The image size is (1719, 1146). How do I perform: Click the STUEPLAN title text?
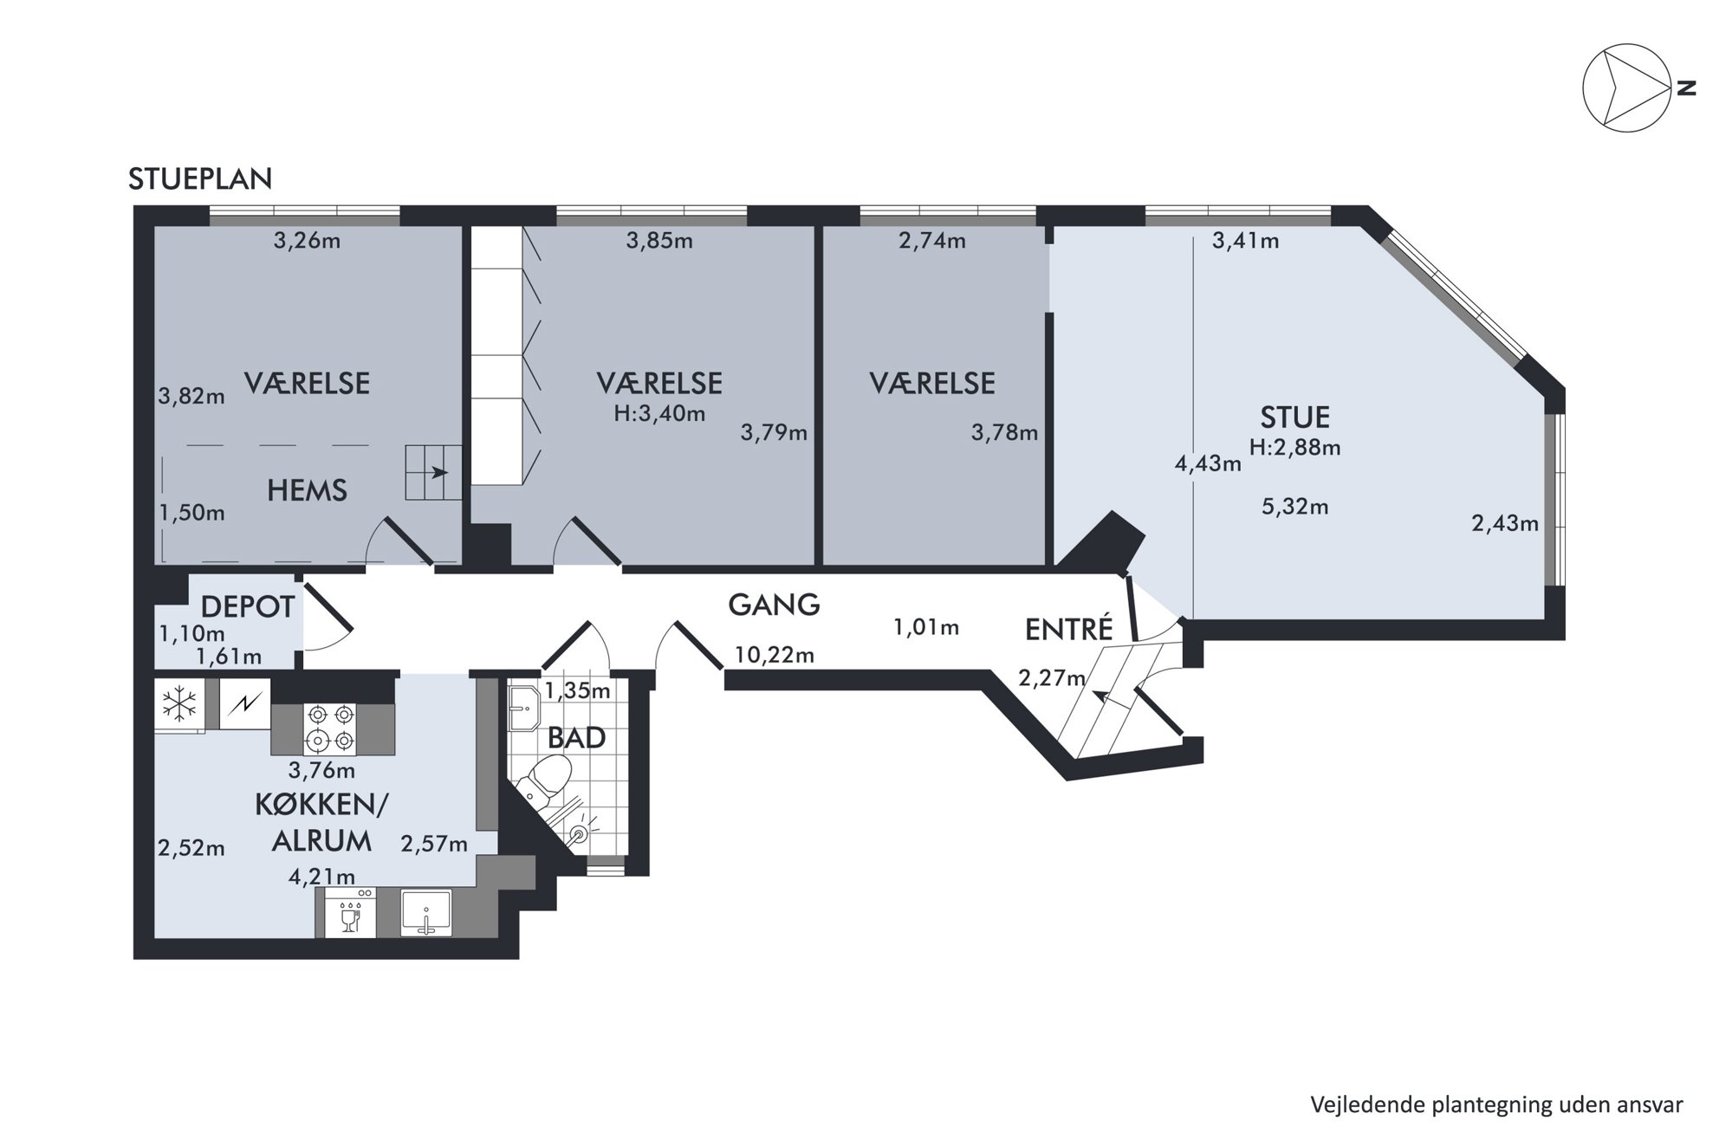coord(200,178)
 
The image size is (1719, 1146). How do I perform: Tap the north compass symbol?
coord(1626,87)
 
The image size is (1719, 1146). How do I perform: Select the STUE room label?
coord(1294,418)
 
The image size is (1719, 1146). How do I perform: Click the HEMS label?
coord(307,490)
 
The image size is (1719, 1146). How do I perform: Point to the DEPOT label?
coord(248,607)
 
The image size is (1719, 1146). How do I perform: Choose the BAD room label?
coord(576,738)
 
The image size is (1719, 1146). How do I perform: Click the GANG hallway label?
coord(774,604)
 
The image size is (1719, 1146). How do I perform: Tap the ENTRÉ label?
coord(1068,629)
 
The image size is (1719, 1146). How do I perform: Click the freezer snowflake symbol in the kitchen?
coord(179,703)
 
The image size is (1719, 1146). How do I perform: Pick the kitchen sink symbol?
coord(425,913)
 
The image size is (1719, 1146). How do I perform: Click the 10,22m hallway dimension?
coord(774,655)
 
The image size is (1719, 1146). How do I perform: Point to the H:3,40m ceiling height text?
coord(659,413)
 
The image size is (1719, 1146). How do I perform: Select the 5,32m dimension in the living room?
coord(1294,507)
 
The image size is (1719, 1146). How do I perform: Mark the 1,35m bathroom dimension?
coord(577,690)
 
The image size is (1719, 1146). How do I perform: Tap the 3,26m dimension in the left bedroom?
coord(307,241)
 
